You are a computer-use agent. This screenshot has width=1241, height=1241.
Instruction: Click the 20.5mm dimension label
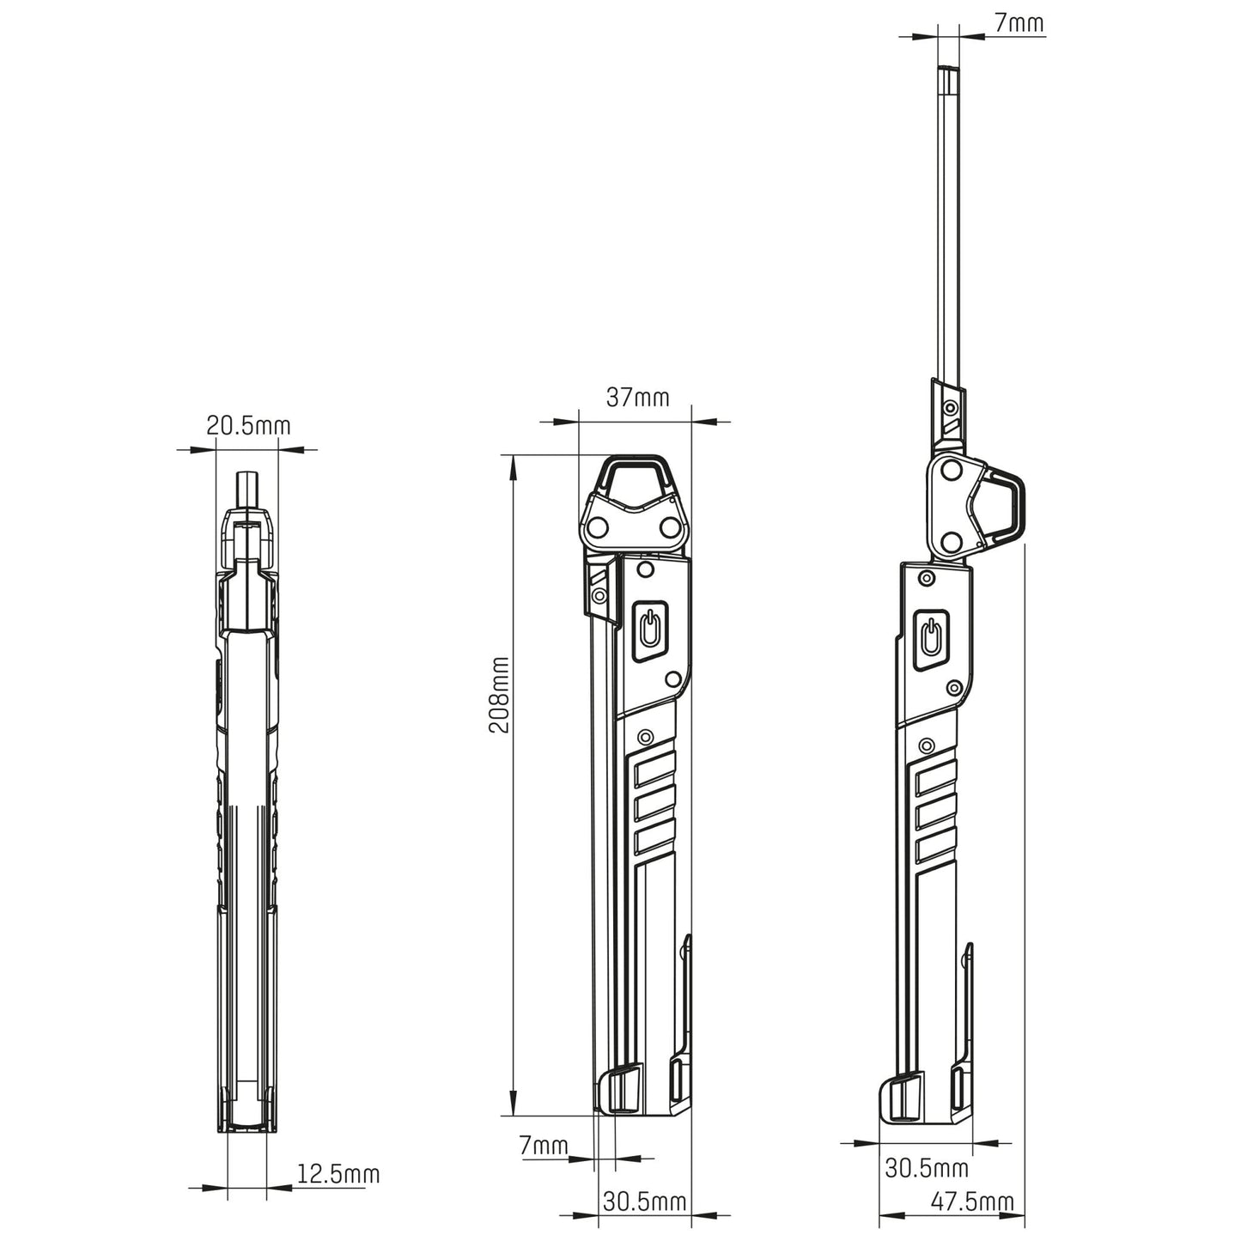point(248,425)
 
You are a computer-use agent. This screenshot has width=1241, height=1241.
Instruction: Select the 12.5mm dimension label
point(338,1173)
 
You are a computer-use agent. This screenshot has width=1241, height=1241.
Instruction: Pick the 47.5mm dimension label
point(972,1201)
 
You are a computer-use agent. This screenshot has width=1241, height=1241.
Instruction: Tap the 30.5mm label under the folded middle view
point(644,1201)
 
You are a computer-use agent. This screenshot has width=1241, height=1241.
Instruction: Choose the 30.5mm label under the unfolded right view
point(927,1168)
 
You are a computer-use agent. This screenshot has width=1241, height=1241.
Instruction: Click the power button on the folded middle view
point(651,630)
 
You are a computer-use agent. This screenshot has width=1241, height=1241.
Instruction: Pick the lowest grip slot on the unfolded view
point(934,849)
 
